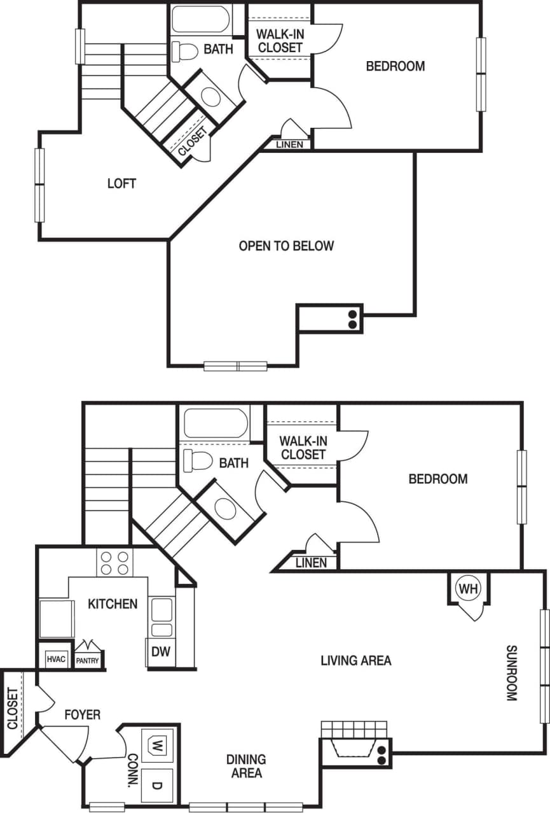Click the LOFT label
point(121,183)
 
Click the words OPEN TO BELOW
point(286,246)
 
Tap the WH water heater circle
point(469,589)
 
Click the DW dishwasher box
point(160,651)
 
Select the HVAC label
point(56,660)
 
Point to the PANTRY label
point(88,661)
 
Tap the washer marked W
point(156,744)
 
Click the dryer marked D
point(156,785)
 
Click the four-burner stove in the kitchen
point(114,562)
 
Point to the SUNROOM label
point(511,673)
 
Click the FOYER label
point(83,715)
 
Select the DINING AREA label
point(246,766)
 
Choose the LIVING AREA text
point(355,660)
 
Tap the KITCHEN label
point(113,603)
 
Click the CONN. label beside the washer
point(134,771)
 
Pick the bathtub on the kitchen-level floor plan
point(214,423)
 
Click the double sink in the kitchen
point(162,618)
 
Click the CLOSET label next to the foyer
point(13,709)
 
